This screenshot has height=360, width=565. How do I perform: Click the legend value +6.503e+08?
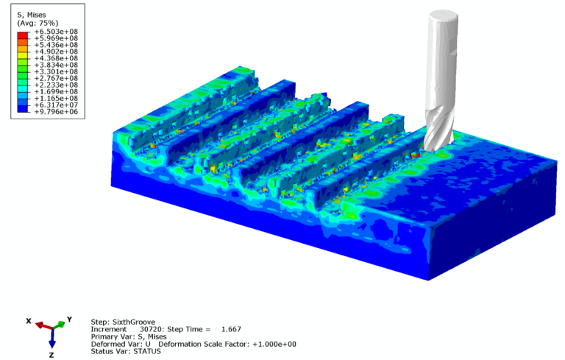[x=56, y=32]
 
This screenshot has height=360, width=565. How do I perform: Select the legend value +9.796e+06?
[x=56, y=112]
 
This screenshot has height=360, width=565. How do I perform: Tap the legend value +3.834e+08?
[x=56, y=65]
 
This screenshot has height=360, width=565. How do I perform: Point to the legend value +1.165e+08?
[x=56, y=99]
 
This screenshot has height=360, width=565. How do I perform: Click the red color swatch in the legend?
[x=22, y=35]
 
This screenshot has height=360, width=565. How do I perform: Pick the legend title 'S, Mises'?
[x=32, y=15]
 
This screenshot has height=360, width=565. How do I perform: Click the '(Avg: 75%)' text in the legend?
[x=38, y=23]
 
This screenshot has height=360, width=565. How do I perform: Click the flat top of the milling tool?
[x=443, y=17]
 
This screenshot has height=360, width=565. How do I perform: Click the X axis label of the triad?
[x=29, y=321]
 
